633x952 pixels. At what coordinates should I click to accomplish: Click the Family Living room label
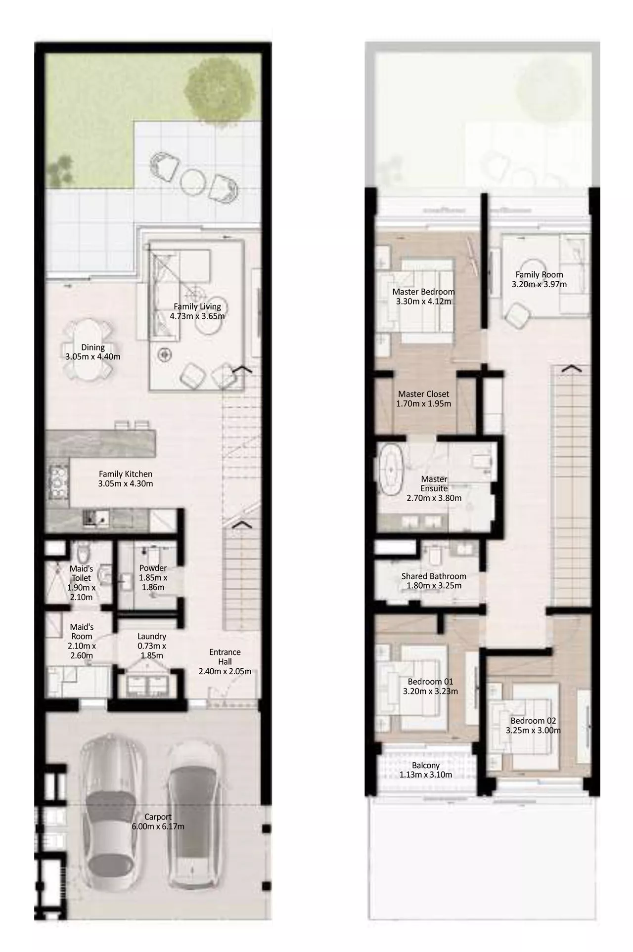coord(197,306)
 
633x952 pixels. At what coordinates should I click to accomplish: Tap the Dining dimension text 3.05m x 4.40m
coord(93,356)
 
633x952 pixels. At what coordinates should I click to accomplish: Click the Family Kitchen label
coord(126,474)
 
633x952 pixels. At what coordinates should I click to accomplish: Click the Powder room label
coord(153,568)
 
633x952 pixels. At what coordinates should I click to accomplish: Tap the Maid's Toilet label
coord(81,573)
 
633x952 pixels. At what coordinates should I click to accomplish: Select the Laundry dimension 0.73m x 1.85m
coord(152,650)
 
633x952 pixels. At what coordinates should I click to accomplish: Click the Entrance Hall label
coord(225,656)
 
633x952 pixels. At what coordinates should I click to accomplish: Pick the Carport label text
coord(158,817)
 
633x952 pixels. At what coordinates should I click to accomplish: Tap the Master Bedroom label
coord(423,292)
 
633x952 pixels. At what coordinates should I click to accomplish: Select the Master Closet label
coord(424,394)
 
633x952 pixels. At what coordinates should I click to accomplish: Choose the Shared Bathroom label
coord(434,576)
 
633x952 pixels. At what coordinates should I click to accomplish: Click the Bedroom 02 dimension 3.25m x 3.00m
coord(533,730)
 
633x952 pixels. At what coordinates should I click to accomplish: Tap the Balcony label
coord(426,766)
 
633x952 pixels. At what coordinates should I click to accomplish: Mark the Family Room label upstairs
coord(539,274)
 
